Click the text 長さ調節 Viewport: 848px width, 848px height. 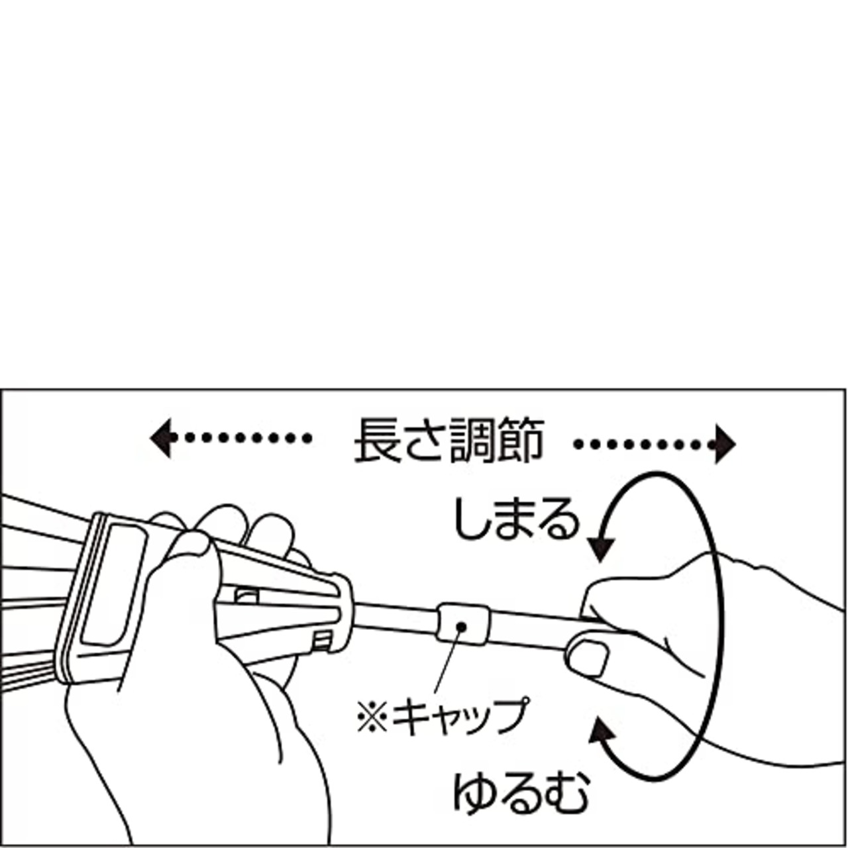(450, 441)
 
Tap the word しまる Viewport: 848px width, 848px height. (515, 519)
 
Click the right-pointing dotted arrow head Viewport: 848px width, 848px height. (725, 444)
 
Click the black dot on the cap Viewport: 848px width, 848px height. (461, 625)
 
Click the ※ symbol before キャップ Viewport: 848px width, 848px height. (372, 717)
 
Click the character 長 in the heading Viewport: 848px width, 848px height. (378, 441)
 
